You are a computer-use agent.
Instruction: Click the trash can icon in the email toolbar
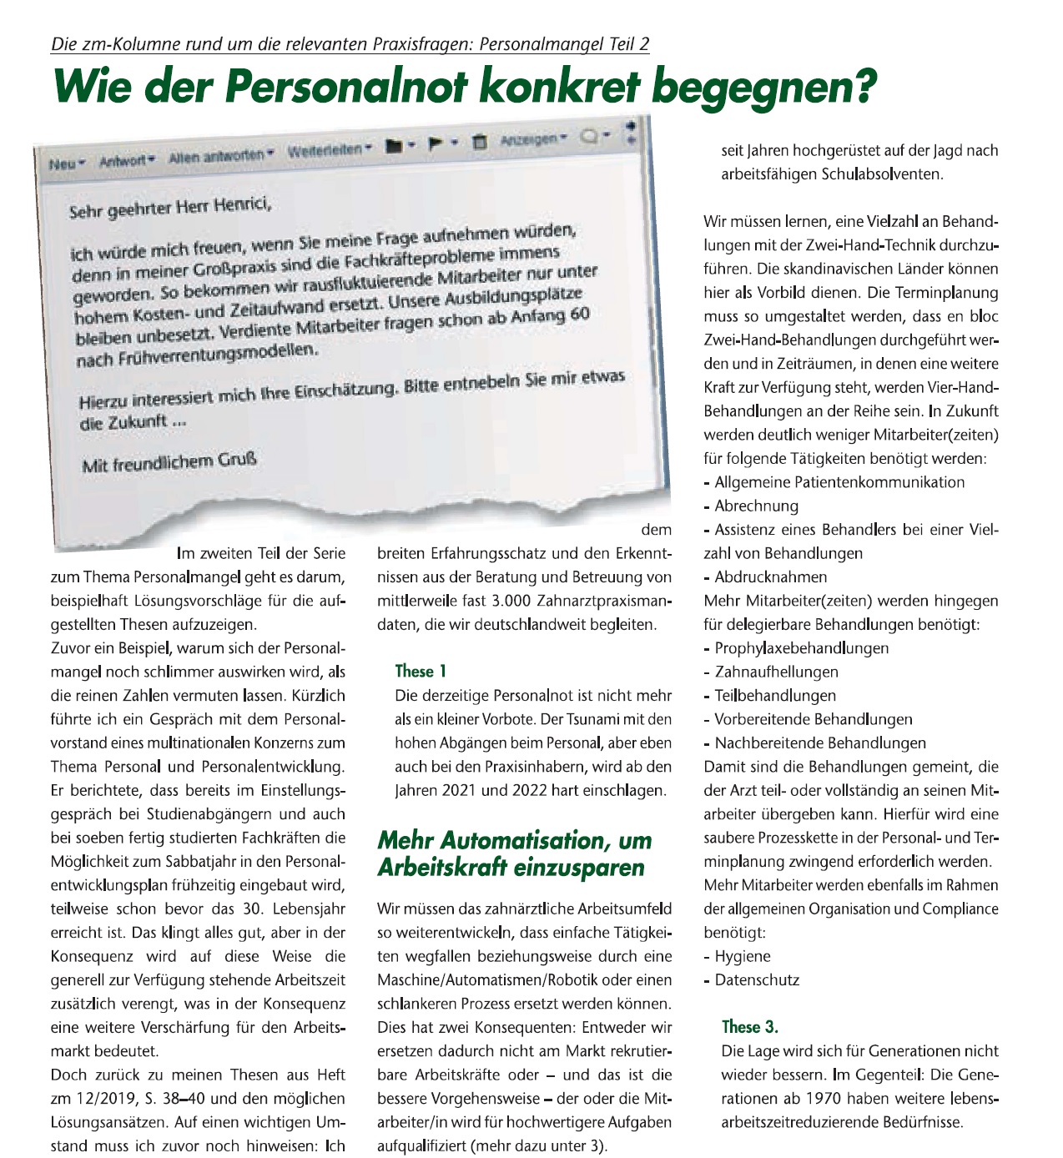click(479, 142)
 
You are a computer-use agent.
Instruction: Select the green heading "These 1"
click(421, 671)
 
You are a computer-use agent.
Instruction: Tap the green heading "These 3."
click(749, 1027)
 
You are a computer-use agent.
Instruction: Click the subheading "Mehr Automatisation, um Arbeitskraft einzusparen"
click(514, 853)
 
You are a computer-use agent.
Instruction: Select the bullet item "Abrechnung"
click(756, 506)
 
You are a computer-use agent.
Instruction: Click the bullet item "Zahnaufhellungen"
click(776, 672)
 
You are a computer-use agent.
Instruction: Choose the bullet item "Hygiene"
click(743, 956)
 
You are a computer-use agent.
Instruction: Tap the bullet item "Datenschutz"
click(757, 980)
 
